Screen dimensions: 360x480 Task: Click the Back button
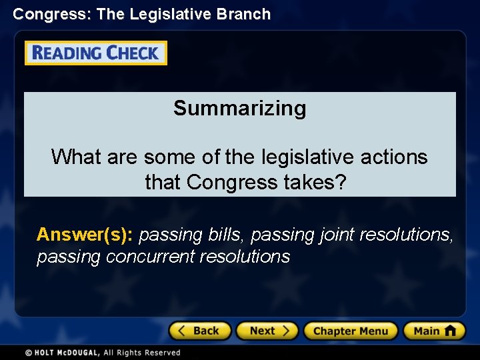click(x=199, y=331)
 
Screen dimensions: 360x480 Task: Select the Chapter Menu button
click(x=350, y=331)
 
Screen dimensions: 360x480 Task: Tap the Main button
click(x=434, y=331)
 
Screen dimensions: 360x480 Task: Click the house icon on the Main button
click(x=450, y=330)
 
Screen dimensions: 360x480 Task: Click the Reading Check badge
click(x=96, y=53)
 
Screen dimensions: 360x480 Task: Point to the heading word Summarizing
click(x=239, y=108)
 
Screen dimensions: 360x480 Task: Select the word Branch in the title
click(x=245, y=14)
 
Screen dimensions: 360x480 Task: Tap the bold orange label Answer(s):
click(x=85, y=235)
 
